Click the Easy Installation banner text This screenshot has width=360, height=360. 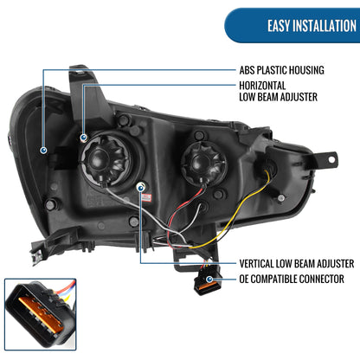[x=312, y=26]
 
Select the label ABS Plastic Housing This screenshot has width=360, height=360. [x=281, y=70]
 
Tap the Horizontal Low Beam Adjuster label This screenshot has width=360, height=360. [x=278, y=91]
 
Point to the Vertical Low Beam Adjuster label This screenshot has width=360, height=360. [x=297, y=263]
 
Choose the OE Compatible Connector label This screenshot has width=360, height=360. [x=292, y=279]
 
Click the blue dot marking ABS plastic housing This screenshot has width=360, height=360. [x=43, y=150]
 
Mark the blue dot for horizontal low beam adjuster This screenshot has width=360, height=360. [x=83, y=138]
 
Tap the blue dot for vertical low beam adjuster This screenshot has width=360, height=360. [x=141, y=188]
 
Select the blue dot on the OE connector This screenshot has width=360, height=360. [x=209, y=279]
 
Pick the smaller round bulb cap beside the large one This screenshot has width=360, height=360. [x=203, y=164]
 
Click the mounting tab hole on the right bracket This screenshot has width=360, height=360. [x=331, y=159]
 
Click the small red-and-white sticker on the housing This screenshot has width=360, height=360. [x=146, y=198]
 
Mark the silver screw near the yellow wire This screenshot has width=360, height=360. [x=281, y=198]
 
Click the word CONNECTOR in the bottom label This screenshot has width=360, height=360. [x=321, y=279]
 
